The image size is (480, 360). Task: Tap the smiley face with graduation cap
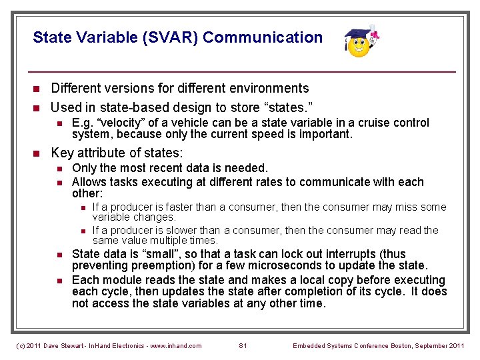[360, 43]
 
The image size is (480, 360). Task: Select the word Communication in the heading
[263, 38]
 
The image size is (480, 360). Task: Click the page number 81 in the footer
[243, 345]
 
